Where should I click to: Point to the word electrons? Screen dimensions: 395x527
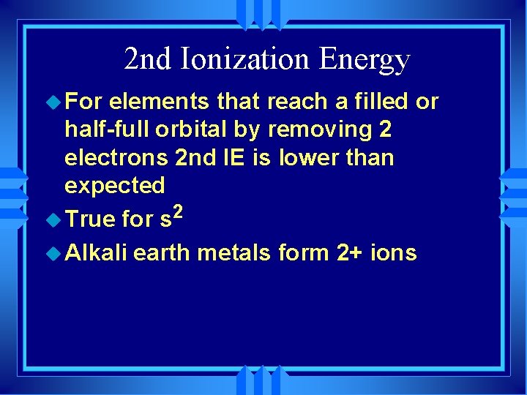(116, 157)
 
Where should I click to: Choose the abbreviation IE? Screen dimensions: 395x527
(236, 157)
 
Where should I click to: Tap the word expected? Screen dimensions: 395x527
(115, 186)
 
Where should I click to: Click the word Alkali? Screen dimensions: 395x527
(97, 253)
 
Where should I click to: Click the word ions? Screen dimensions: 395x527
(395, 253)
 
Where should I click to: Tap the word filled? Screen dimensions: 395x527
(380, 102)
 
